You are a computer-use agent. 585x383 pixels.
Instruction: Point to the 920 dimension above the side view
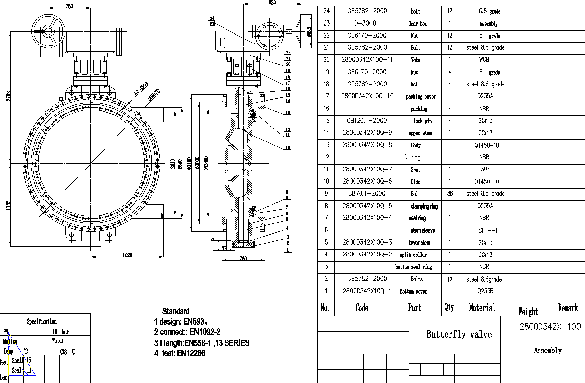point(271,3)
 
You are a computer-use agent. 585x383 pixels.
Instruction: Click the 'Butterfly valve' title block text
point(459,335)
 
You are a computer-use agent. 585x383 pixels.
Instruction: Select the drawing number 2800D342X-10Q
point(543,327)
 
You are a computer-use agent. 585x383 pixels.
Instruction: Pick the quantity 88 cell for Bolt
point(449,194)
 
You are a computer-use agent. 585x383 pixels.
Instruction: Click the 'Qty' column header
point(449,307)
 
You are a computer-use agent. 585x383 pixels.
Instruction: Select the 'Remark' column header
point(568,308)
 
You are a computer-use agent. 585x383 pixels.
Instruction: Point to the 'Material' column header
point(482,308)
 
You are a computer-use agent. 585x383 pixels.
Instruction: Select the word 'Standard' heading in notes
point(176,311)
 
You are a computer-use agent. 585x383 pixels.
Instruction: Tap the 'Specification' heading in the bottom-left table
point(42,321)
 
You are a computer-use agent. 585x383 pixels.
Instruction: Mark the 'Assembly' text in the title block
point(547,351)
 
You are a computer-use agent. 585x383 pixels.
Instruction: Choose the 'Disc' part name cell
point(415,181)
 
